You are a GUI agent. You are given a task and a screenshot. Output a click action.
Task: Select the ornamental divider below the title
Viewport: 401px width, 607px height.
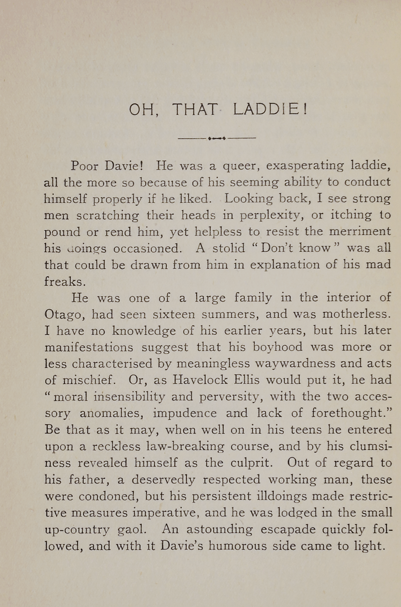[217, 138]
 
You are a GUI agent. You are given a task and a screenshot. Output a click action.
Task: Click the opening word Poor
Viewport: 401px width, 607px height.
[84, 166]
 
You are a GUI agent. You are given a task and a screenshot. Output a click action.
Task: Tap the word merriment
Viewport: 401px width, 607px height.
[360, 232]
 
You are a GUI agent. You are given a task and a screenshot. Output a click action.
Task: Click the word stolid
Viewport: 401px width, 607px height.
[229, 248]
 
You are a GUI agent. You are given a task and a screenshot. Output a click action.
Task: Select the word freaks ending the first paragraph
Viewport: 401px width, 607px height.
[63, 281]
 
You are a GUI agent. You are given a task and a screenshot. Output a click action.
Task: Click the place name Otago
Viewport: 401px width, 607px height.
[63, 314]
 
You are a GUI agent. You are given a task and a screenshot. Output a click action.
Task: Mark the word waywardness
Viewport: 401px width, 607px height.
[295, 363]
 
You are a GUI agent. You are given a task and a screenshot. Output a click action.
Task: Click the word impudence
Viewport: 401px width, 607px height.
[184, 413]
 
